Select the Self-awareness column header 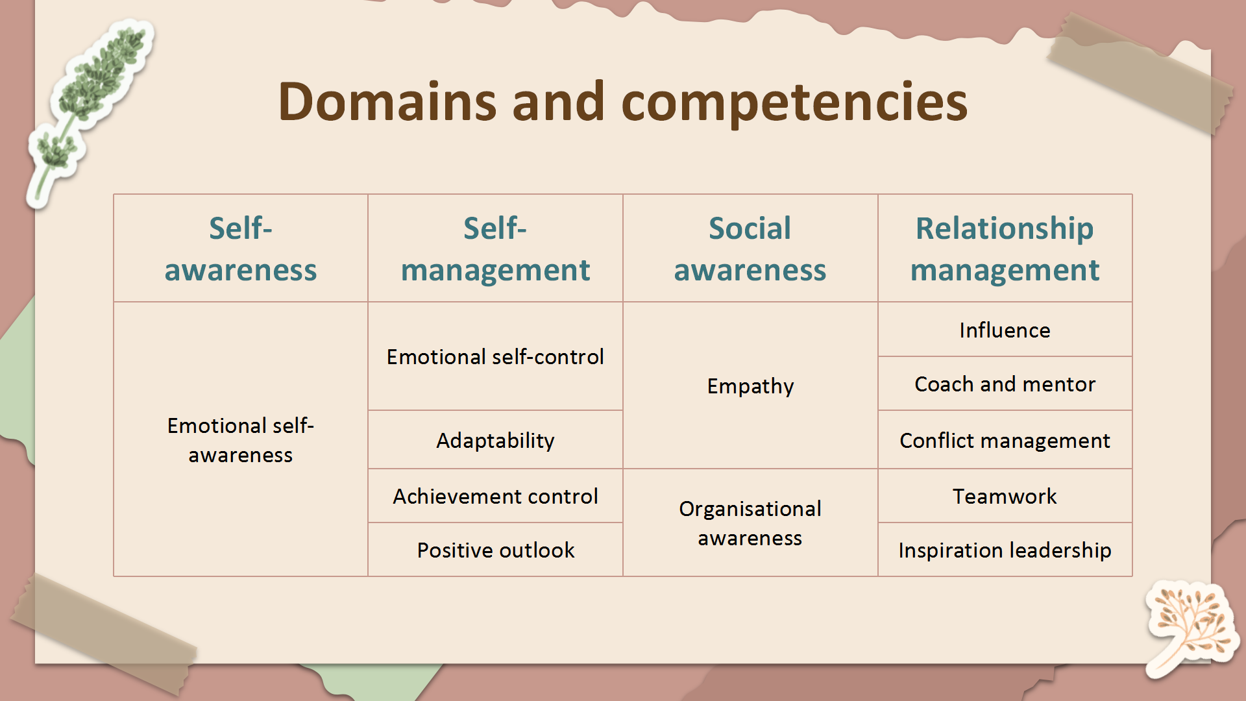click(241, 249)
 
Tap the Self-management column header click(495, 249)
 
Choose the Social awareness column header click(750, 249)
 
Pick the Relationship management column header click(1005, 249)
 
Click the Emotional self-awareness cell click(241, 439)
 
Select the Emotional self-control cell click(495, 356)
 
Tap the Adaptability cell click(495, 440)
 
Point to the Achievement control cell click(495, 496)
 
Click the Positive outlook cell click(495, 550)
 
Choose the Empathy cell click(750, 386)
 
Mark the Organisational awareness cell click(750, 523)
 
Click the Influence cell click(1005, 330)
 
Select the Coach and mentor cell click(1005, 384)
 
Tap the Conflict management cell click(1005, 440)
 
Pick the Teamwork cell click(1005, 496)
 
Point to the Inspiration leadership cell click(1005, 550)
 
